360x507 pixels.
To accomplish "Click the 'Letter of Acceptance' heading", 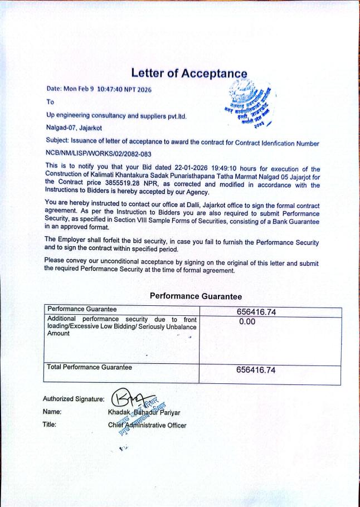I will click(188, 73).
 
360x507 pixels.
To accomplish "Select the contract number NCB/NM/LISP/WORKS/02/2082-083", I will click(99, 153).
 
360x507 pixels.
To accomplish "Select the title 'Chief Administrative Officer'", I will click(147, 425).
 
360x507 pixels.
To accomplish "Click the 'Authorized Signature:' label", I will click(74, 399).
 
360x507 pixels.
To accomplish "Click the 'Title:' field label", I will click(51, 425).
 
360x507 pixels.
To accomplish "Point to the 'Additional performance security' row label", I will click(121, 325).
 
